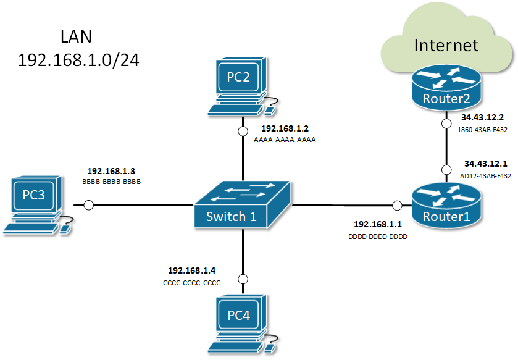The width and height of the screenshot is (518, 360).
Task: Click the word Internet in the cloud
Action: [446, 45]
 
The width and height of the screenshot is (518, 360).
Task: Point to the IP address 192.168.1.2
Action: [285, 128]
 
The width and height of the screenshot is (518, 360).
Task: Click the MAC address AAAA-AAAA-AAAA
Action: [285, 140]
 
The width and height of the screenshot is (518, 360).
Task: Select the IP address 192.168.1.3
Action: [111, 171]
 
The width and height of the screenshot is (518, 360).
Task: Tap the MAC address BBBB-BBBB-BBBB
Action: [111, 182]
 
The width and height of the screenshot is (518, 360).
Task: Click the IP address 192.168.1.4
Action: [191, 270]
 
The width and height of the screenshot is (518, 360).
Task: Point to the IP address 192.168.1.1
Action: [378, 224]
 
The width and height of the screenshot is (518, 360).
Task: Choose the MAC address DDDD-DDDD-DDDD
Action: [378, 236]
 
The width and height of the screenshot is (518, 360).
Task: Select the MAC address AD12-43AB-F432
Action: [486, 175]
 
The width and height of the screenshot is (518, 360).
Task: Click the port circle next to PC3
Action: [88, 204]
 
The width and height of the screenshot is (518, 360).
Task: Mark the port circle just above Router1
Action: [446, 169]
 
